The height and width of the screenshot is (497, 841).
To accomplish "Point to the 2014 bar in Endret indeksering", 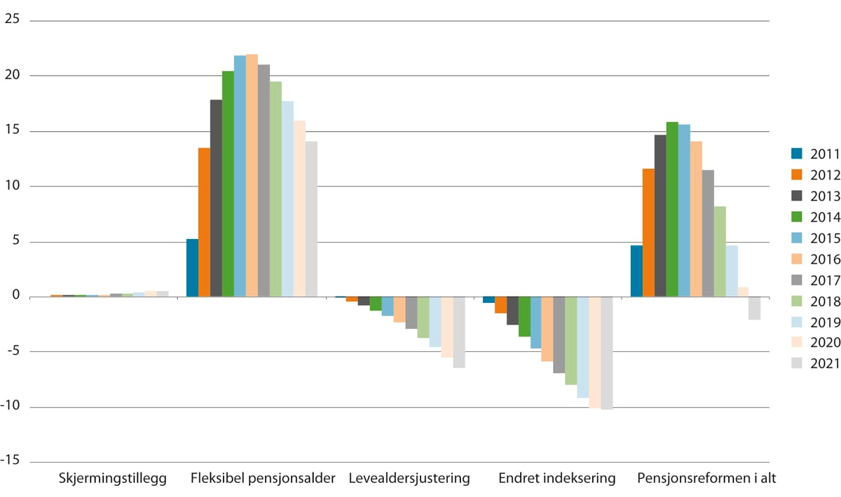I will coord(524,317).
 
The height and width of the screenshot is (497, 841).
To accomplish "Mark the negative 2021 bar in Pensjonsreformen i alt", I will coord(755,308).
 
